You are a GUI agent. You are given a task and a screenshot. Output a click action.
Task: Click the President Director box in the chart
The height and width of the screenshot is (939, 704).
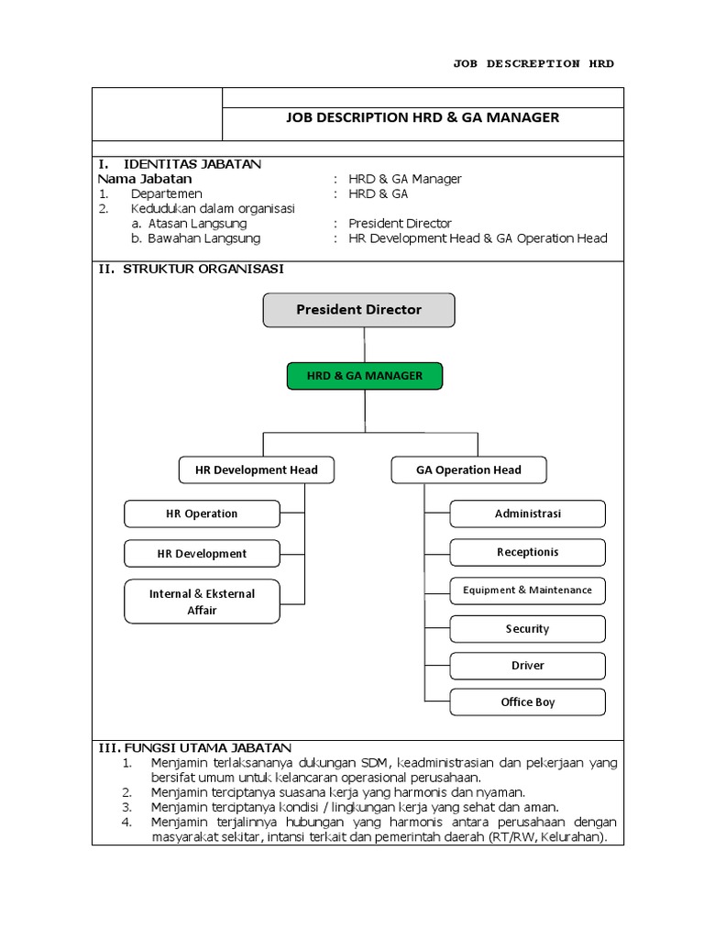[358, 310]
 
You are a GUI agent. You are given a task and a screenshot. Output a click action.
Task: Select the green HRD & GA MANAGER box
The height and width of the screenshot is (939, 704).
[364, 376]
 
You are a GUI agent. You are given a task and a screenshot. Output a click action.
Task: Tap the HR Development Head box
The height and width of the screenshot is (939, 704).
[257, 470]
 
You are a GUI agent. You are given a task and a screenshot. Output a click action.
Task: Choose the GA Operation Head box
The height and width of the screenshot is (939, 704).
[468, 470]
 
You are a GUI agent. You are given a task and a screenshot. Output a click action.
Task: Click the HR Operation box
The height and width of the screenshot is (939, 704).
[202, 514]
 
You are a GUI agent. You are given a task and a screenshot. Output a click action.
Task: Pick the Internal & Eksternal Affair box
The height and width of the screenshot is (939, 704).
[202, 602]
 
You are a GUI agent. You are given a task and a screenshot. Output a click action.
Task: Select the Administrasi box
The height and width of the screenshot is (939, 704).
[527, 514]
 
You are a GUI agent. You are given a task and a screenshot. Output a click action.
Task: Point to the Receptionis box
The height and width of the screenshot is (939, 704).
[527, 553]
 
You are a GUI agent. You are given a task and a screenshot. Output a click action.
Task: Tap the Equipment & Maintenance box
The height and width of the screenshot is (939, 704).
[527, 591]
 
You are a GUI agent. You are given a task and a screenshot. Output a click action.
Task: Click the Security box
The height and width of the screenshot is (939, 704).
[527, 629]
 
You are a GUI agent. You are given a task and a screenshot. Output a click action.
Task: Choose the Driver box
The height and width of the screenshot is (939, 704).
[527, 666]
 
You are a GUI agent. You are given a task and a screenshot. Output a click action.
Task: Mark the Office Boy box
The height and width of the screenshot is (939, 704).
[527, 702]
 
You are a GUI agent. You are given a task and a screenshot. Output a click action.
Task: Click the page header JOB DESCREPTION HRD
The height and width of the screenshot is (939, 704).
[533, 63]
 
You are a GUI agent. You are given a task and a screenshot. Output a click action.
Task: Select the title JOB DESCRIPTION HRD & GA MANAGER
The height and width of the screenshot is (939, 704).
[423, 117]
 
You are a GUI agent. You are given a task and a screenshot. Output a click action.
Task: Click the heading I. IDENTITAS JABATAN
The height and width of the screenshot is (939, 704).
[180, 164]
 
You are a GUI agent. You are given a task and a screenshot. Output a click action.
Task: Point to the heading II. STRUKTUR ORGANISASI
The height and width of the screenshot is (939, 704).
[191, 269]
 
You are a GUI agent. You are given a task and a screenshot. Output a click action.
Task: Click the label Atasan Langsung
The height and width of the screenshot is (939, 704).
[197, 224]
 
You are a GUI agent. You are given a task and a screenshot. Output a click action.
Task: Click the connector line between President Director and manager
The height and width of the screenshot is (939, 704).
[364, 344]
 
